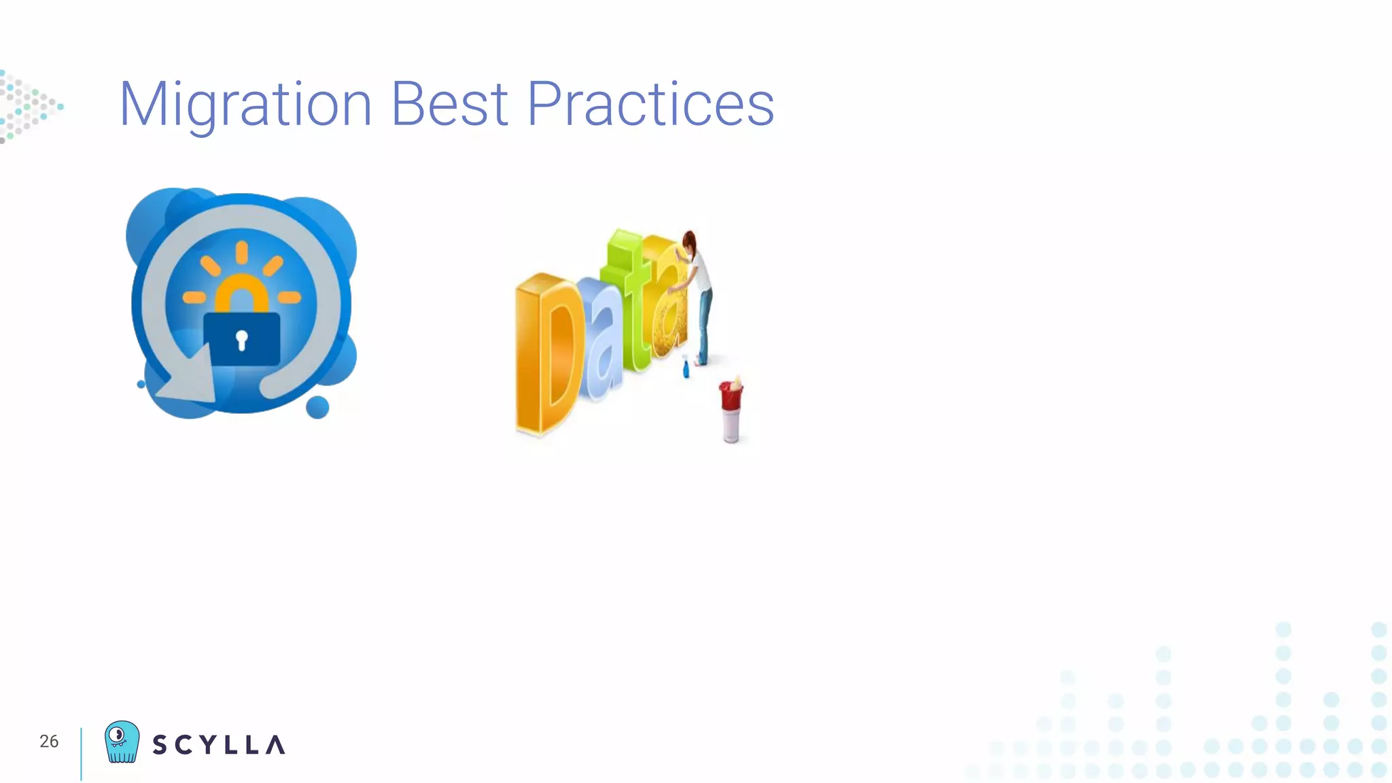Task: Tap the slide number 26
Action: pos(49,742)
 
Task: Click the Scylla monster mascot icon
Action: pos(122,742)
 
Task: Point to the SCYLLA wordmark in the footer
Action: pos(218,745)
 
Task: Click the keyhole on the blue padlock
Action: pos(241,340)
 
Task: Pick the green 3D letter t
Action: pos(629,299)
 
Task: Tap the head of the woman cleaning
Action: pos(690,242)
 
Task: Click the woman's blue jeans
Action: pos(704,323)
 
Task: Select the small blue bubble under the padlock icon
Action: pos(317,407)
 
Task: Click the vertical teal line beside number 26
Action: pos(81,753)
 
